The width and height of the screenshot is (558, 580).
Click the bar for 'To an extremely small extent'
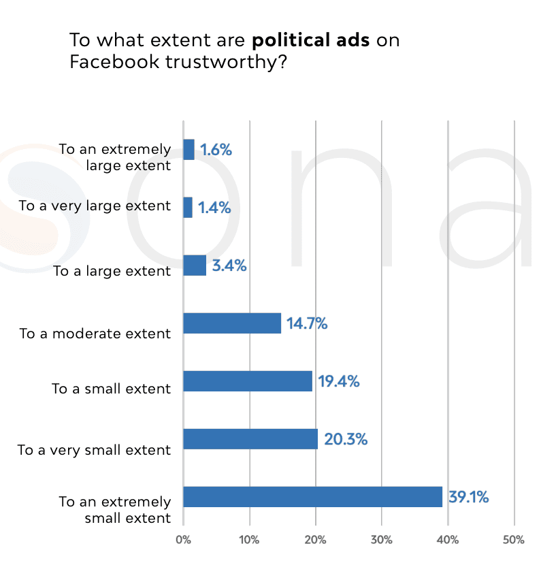coord(313,497)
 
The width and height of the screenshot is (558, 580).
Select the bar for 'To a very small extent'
coord(250,439)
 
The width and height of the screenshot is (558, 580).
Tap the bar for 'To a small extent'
coord(248,381)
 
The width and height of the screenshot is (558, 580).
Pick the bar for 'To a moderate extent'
coord(232,323)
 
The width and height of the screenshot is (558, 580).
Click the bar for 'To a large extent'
coord(195,265)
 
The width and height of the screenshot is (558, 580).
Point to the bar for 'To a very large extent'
coord(188,208)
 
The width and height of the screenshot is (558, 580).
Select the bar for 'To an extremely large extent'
coord(188,150)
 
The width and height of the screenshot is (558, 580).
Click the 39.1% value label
coord(468,498)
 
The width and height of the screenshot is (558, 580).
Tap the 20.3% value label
coord(346,440)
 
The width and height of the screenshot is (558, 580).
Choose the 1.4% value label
coord(214,208)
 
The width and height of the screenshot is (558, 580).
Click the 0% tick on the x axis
coord(183,540)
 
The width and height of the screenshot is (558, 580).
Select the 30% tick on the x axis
coord(382,540)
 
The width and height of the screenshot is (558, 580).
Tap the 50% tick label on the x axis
coord(514,540)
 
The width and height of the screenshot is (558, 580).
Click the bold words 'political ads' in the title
coord(310,39)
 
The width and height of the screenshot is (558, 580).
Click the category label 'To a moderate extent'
coord(95,334)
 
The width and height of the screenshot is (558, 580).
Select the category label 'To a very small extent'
coord(95,450)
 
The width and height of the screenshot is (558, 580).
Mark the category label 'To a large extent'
coord(112,271)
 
